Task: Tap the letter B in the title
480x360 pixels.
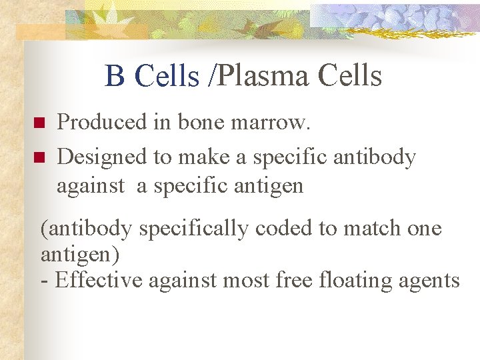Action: [115, 77]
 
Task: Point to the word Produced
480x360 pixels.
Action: [101, 122]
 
